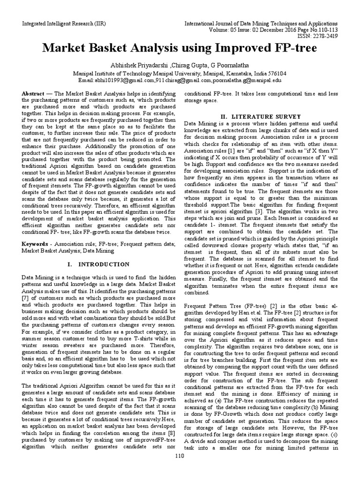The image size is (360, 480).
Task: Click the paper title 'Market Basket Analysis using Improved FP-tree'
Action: click(180, 49)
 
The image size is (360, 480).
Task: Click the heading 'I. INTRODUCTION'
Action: click(98, 264)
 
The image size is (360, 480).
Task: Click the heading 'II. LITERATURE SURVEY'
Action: click(262, 116)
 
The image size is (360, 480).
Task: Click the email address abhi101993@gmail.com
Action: click(123, 81)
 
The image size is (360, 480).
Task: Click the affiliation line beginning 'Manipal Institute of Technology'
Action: click(180, 74)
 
